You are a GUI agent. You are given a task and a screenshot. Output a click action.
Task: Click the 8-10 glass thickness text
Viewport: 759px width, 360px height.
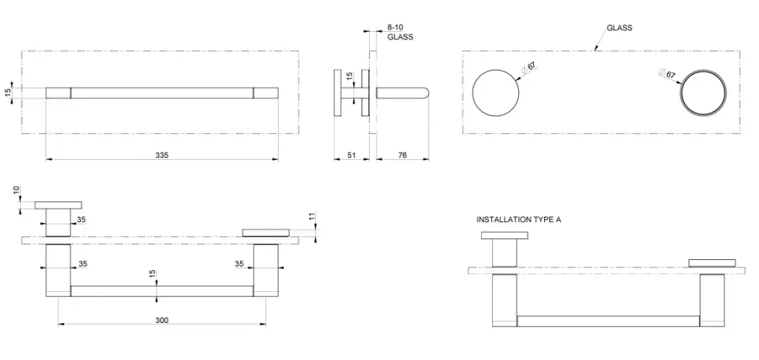(x=395, y=27)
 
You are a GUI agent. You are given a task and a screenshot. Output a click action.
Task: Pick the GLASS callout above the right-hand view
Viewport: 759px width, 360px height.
(x=619, y=27)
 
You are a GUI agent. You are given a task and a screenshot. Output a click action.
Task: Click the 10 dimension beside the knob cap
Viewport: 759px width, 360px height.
(x=16, y=191)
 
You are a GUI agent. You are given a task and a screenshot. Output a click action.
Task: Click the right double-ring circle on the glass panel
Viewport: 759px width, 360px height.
(x=703, y=93)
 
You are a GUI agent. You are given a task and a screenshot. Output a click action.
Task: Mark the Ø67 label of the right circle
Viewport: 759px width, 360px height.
(x=666, y=74)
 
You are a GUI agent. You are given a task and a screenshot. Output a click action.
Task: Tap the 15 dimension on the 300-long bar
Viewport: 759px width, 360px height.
(x=153, y=274)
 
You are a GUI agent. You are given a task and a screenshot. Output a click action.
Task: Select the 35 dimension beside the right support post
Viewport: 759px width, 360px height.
(x=239, y=263)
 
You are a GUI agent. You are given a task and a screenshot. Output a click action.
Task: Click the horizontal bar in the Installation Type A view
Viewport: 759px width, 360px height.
(x=608, y=321)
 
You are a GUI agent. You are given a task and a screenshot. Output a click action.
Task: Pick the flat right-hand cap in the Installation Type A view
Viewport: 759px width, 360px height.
(x=712, y=262)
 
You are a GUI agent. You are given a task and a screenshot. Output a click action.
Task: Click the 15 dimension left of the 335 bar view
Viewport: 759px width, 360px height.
(x=8, y=93)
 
